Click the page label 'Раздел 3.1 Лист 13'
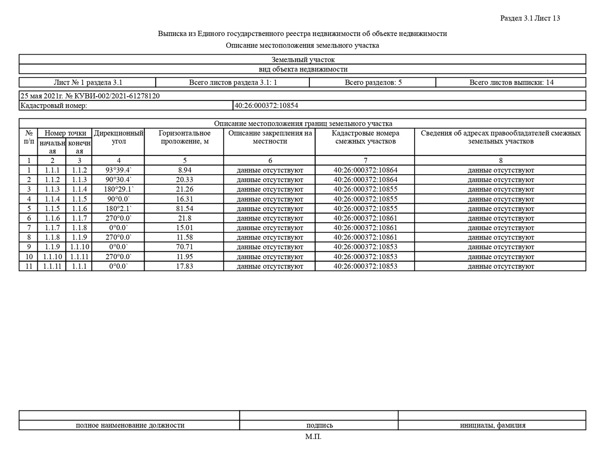pyautogui.click(x=530, y=18)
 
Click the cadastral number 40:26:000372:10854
pyautogui.click(x=266, y=105)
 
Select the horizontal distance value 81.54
pyautogui.click(x=184, y=208)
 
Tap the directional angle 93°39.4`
pyautogui.click(x=119, y=170)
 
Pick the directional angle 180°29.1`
pyautogui.click(x=119, y=189)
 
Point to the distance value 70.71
pyautogui.click(x=184, y=247)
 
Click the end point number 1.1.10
pyautogui.click(x=79, y=247)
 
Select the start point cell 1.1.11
pyautogui.click(x=52, y=266)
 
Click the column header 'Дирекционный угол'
pyautogui.click(x=119, y=137)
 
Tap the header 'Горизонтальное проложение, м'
pyautogui.click(x=184, y=137)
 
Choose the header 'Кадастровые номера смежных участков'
pyautogui.click(x=365, y=137)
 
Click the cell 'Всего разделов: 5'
pyautogui.click(x=373, y=82)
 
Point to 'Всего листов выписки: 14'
pyautogui.click(x=511, y=82)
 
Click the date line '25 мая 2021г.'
pyautogui.click(x=41, y=96)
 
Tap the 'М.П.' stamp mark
pyautogui.click(x=313, y=436)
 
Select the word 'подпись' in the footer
pyautogui.click(x=319, y=425)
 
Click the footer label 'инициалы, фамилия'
pyautogui.click(x=492, y=425)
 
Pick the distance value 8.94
pyautogui.click(x=184, y=170)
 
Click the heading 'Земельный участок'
pyautogui.click(x=303, y=60)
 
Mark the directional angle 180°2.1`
pyautogui.click(x=119, y=208)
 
